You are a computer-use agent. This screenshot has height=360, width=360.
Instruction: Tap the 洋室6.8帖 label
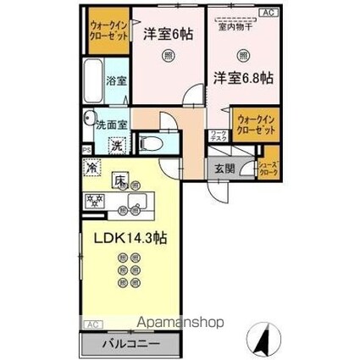(x=242, y=77)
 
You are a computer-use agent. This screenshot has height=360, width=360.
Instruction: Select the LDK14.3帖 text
(x=123, y=238)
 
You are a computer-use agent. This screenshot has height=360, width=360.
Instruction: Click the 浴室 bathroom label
(x=115, y=81)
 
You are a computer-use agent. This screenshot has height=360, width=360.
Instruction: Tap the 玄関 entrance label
(x=224, y=166)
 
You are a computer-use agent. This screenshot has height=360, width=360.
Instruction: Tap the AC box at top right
(x=269, y=13)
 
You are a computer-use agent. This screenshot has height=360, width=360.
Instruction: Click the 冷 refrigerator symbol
(x=91, y=166)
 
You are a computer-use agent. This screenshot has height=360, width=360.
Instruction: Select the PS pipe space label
(x=86, y=151)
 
